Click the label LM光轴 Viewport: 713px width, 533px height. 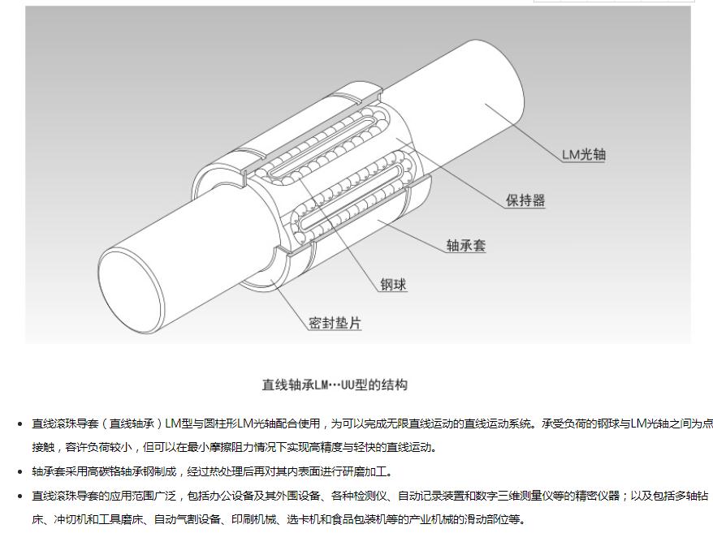coord(584,154)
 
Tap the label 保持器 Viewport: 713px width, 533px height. coord(525,200)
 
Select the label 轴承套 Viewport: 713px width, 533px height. coord(466,246)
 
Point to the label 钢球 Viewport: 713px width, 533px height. coord(393,285)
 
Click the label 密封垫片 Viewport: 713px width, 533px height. coord(335,323)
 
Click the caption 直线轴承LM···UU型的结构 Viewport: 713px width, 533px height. coord(335,385)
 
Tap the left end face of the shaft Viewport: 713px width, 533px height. coord(130,289)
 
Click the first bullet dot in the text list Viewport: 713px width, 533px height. coord(19,424)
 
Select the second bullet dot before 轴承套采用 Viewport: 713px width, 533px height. coord(19,472)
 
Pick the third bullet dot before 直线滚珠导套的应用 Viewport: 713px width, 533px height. coord(19,496)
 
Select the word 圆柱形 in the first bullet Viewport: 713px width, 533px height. coord(220,424)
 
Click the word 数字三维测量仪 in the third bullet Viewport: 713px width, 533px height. coord(514,496)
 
